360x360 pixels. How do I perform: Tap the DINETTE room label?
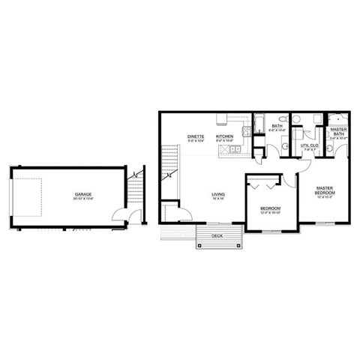(196, 135)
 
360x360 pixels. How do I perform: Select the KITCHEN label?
(225, 135)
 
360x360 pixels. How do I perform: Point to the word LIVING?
(219, 193)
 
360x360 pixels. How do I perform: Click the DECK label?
(217, 235)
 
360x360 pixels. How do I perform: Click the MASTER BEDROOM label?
(325, 190)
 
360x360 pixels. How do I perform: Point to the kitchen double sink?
(235, 150)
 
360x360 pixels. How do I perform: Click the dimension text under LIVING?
(219, 199)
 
